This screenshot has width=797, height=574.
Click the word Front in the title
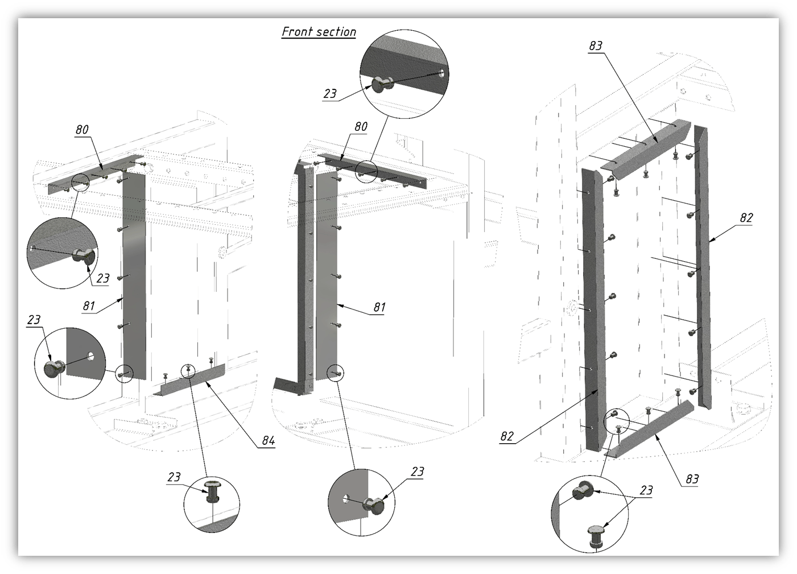[297, 32]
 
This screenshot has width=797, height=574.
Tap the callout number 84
[269, 441]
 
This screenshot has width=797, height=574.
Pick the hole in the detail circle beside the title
[441, 73]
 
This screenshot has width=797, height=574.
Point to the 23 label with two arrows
[646, 490]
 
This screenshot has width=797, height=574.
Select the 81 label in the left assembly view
[89, 305]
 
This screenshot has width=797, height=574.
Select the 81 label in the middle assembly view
[379, 307]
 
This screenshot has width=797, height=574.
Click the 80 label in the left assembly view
[82, 130]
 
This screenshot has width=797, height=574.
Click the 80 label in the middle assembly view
[361, 127]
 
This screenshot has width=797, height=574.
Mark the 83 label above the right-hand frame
[596, 46]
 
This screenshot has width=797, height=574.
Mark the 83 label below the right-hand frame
[692, 479]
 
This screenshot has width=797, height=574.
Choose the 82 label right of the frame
[746, 218]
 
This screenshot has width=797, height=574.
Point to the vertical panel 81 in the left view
[134, 276]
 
